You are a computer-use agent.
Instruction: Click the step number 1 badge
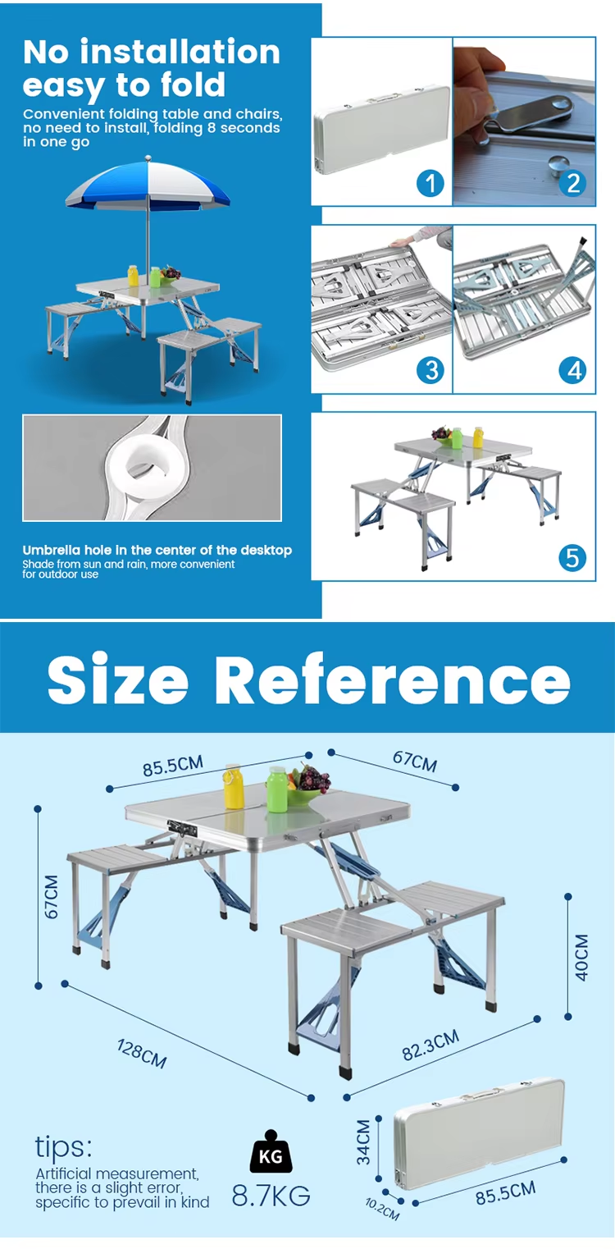click(x=430, y=183)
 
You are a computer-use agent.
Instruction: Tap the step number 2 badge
click(x=573, y=183)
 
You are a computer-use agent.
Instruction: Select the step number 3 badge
click(x=430, y=370)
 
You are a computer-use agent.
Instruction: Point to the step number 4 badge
click(x=573, y=370)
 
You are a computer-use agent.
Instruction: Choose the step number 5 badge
click(x=572, y=557)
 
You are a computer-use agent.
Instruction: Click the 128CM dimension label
click(x=142, y=1054)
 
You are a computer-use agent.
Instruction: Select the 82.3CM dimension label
click(x=430, y=1045)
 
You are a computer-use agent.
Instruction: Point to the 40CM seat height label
click(x=581, y=958)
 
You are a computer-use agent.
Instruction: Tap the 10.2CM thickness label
click(x=382, y=1209)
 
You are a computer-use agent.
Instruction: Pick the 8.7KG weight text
click(x=271, y=1196)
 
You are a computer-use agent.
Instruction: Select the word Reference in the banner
click(x=392, y=679)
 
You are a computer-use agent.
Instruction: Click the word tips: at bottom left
click(x=63, y=1146)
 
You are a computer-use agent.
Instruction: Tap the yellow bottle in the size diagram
click(x=233, y=786)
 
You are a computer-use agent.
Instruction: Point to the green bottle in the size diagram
click(x=277, y=789)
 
